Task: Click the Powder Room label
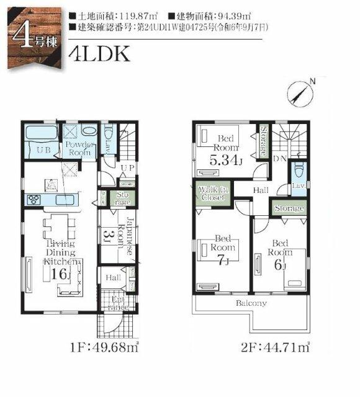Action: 78,148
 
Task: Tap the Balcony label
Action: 251,303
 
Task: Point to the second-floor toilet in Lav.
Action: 299,169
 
